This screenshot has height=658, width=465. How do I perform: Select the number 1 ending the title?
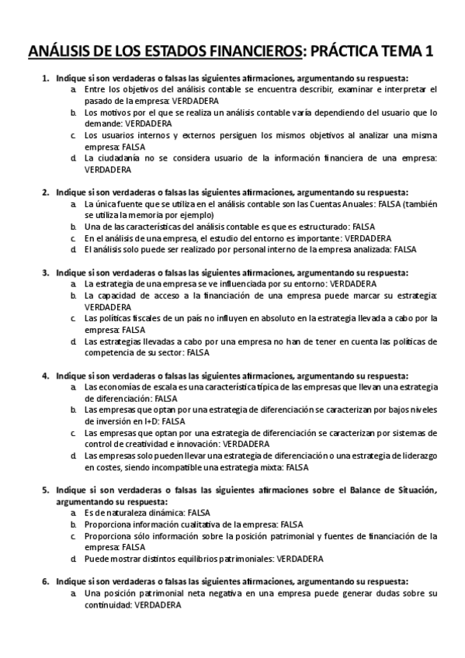429,52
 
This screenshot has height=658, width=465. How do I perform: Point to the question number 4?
45,375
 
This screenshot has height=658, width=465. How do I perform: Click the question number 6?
45,581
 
